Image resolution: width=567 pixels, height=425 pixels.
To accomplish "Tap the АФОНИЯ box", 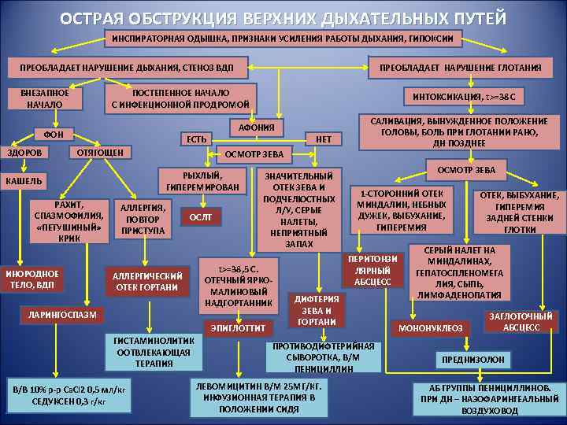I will point(257,128).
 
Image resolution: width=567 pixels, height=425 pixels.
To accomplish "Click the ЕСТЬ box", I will point(194,140).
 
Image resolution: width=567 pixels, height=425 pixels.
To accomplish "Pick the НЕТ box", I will point(324,140).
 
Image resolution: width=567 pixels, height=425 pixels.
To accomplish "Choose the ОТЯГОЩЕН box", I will point(94,151).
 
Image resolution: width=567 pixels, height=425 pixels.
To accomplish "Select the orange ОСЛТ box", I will point(201,217).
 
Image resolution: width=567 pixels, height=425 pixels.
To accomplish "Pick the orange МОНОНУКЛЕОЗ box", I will point(430,327).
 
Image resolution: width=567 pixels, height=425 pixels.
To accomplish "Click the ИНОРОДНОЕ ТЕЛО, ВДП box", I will point(32,279).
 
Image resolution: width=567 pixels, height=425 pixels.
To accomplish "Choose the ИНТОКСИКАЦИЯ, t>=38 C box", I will point(471,97).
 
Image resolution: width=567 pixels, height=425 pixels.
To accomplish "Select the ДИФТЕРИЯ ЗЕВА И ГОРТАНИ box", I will point(317,310).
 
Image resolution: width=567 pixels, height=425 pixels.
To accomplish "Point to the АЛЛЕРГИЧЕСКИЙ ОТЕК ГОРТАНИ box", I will point(148,281).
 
